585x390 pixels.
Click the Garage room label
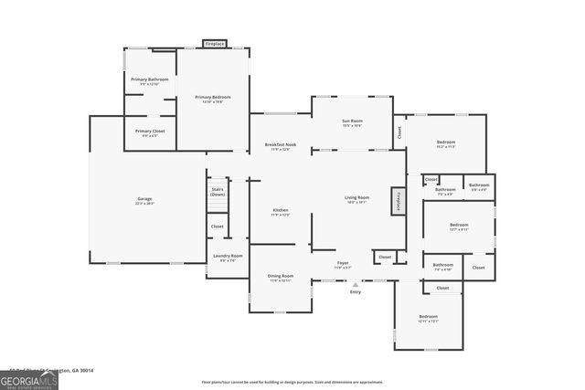(x=144, y=200)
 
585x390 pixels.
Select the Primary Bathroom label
(x=150, y=81)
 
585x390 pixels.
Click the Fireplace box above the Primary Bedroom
(x=215, y=43)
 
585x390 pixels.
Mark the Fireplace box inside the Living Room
(x=398, y=202)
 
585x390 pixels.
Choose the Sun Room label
(x=352, y=122)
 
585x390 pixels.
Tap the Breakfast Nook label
(x=280, y=146)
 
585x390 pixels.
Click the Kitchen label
(x=281, y=212)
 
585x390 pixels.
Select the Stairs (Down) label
(x=218, y=192)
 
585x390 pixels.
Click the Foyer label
(x=343, y=265)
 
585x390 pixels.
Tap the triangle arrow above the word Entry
(x=355, y=283)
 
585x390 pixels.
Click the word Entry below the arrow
(x=355, y=292)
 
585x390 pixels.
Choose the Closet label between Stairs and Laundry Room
(x=218, y=227)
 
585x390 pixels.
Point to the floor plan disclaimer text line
(x=292, y=383)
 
